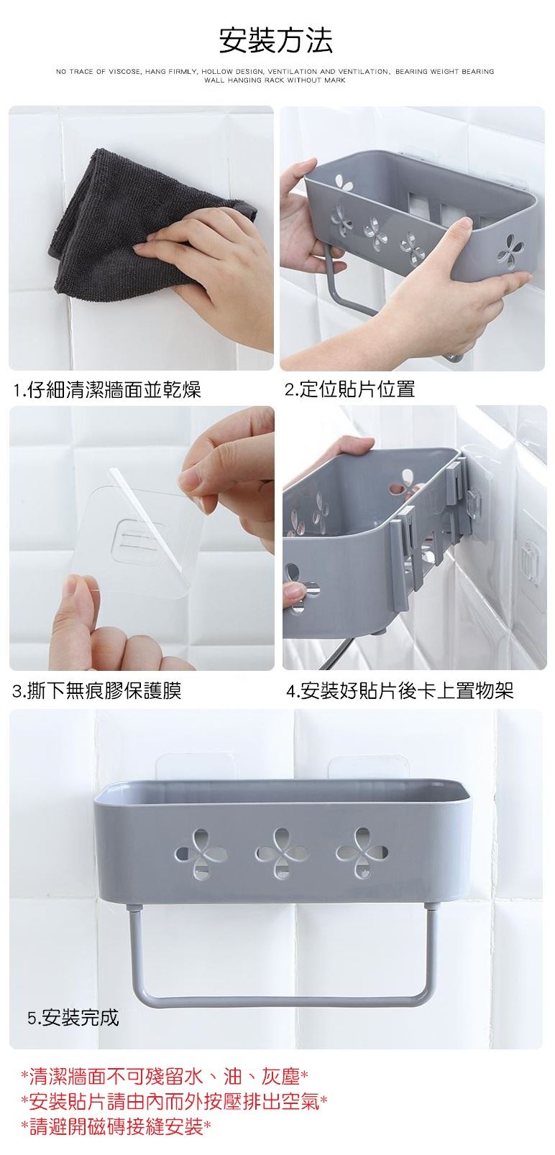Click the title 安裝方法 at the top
click(276, 41)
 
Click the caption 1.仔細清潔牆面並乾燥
click(107, 390)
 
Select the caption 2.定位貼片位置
click(350, 389)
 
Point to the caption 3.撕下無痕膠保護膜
click(97, 690)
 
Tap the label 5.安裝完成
click(73, 1017)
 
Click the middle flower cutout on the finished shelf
click(281, 853)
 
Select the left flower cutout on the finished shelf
click(201, 853)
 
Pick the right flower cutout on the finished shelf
click(362, 853)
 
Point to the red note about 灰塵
click(164, 1076)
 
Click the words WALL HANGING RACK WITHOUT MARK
click(275, 80)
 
